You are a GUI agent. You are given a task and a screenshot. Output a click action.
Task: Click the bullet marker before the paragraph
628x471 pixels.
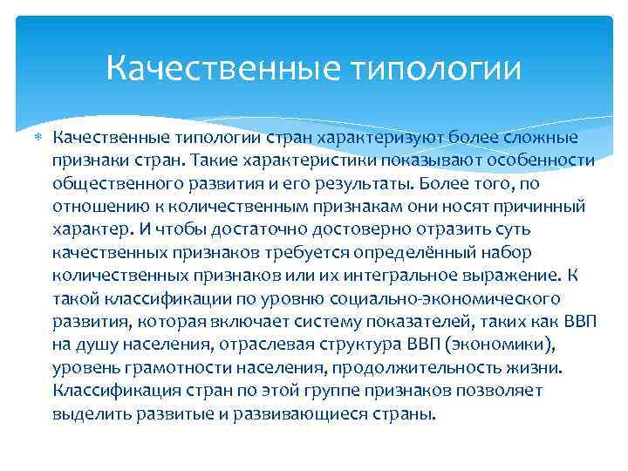[x=38, y=137]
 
